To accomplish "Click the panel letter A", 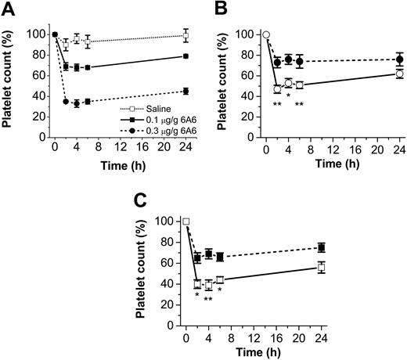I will click(8, 9).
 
